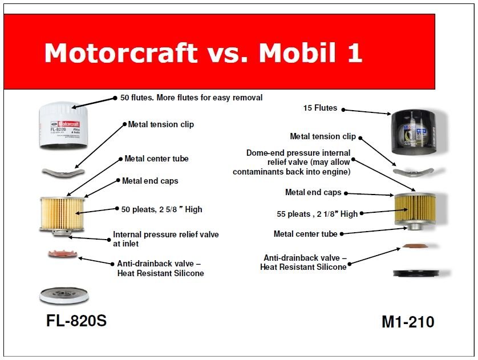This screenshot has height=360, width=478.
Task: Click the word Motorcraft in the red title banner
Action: tap(121, 52)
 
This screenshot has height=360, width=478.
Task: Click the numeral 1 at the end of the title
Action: tap(354, 52)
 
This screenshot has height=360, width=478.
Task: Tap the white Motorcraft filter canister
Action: tap(63, 126)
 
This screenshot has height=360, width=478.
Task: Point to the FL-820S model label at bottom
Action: tap(76, 321)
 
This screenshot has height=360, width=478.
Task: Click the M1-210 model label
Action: tap(408, 322)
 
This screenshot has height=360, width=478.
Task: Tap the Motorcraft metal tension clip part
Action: tap(63, 172)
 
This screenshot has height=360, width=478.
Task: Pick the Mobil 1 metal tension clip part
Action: tap(414, 172)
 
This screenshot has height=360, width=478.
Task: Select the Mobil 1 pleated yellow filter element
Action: tap(415, 209)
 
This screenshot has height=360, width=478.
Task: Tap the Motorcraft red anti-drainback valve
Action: tap(63, 254)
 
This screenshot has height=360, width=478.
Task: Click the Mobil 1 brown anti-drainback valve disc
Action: tap(415, 246)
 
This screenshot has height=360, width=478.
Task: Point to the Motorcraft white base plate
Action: tap(64, 296)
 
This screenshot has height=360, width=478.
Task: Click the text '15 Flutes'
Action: tap(320, 108)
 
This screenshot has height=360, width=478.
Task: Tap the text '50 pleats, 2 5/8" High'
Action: tap(161, 209)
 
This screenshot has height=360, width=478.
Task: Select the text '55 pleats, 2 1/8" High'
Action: tap(317, 214)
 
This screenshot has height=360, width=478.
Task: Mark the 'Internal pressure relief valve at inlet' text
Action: tap(166, 239)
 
